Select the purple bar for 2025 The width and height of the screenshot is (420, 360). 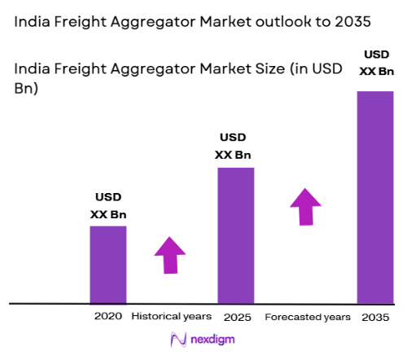coord(235,235)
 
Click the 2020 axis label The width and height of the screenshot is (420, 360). coord(107,316)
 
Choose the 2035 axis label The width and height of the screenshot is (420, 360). coord(375,316)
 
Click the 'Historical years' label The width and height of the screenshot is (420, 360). coord(171,316)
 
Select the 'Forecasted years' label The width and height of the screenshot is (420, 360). coord(308,316)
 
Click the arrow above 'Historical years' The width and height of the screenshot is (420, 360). coord(170,255)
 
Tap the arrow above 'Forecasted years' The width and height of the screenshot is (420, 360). coord(306,206)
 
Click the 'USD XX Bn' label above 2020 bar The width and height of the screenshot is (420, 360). coord(108,206)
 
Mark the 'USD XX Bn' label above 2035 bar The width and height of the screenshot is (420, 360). coord(375,64)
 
